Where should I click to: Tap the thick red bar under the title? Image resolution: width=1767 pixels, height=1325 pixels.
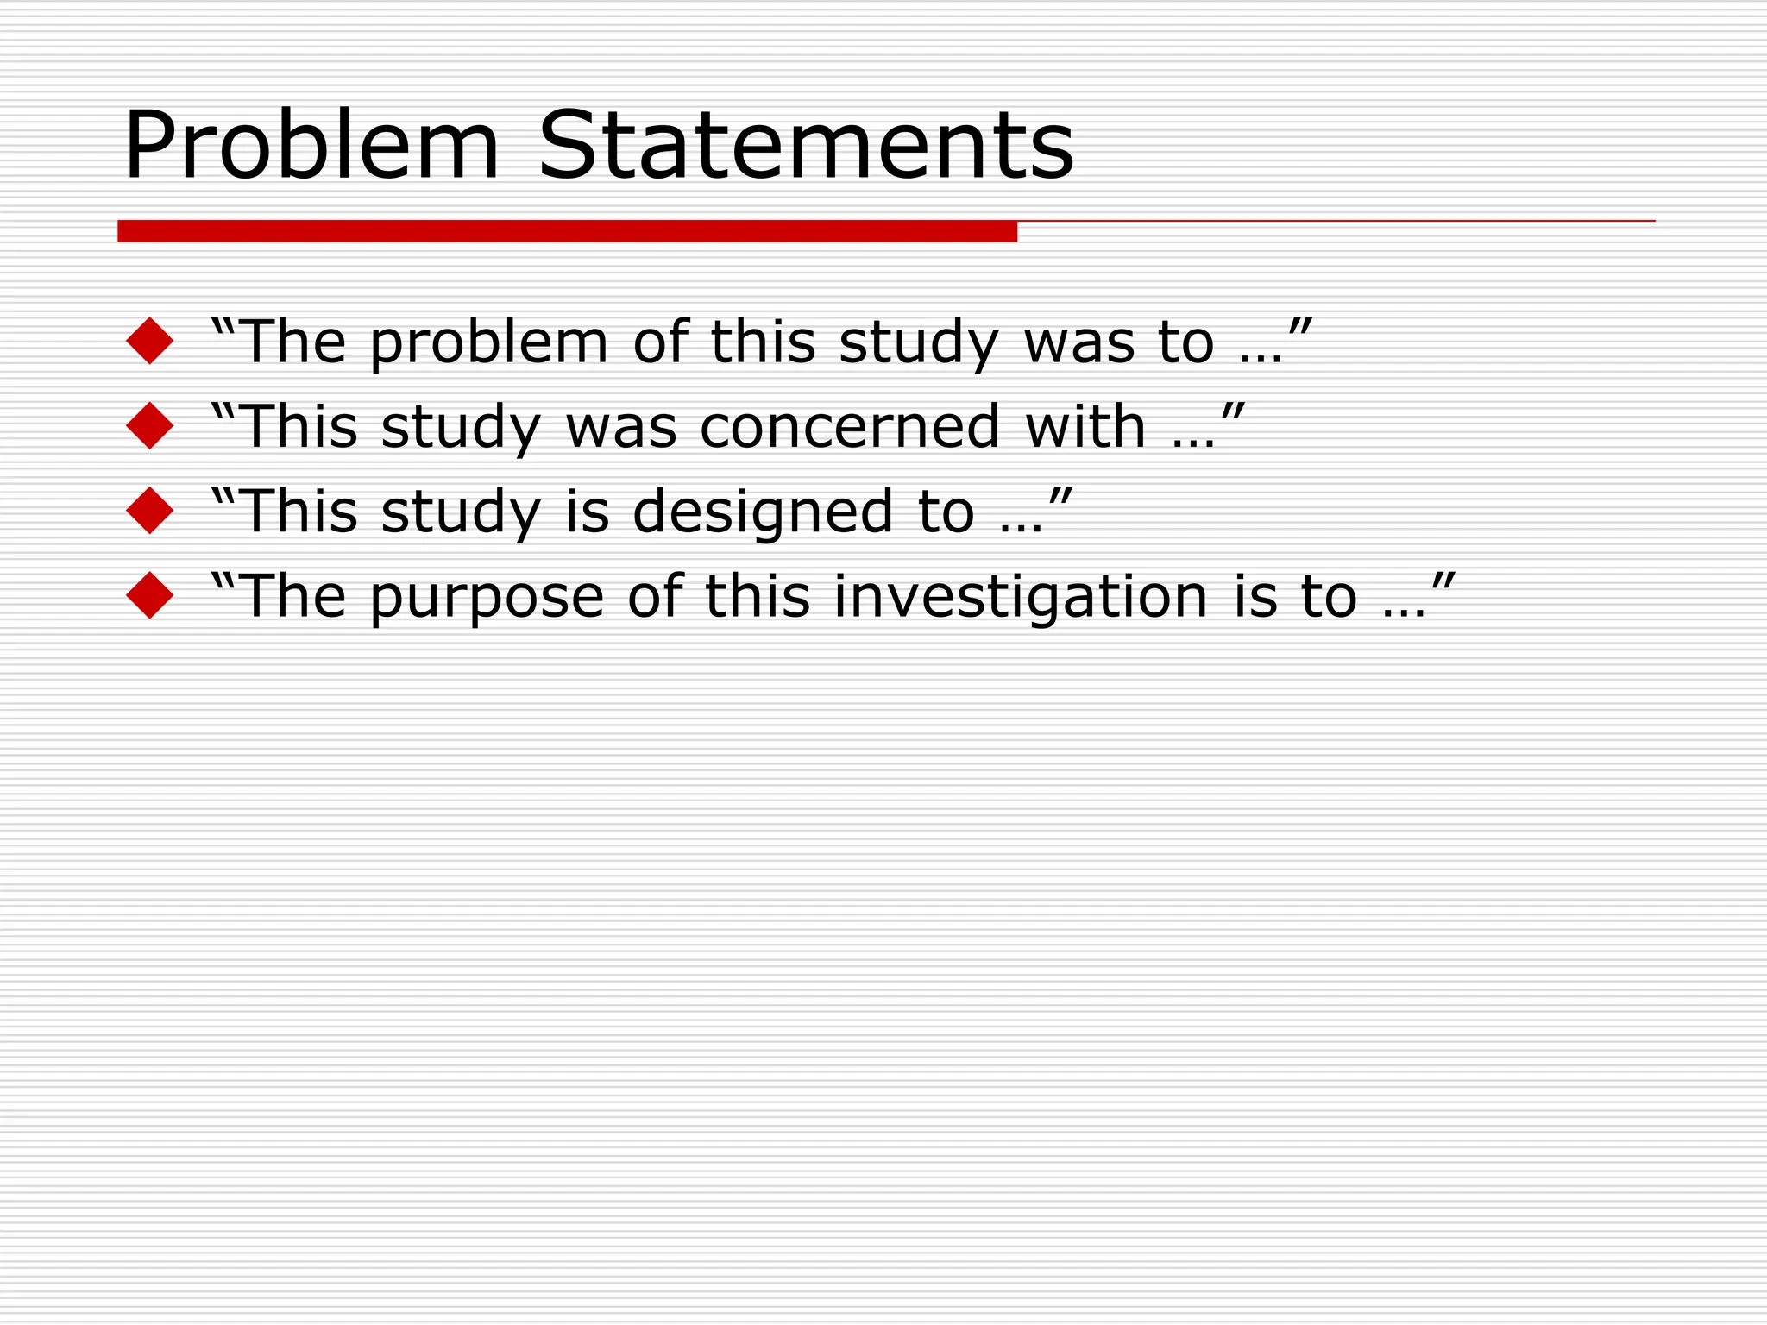tap(567, 231)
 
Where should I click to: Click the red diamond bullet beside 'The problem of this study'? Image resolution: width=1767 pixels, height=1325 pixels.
tap(150, 341)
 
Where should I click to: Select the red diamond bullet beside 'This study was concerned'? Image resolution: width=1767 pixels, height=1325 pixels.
tap(150, 425)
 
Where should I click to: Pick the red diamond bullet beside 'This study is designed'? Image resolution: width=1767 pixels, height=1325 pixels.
tap(150, 510)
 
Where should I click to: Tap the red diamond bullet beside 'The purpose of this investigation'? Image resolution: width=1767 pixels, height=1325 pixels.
tap(150, 595)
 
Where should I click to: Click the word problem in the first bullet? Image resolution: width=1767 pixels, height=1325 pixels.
tap(489, 343)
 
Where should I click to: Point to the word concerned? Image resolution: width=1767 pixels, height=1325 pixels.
tap(849, 427)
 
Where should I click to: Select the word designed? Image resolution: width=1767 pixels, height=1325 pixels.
tap(762, 512)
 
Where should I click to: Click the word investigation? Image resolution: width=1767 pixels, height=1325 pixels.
tap(1021, 598)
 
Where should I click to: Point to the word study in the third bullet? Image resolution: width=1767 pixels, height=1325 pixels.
tap(461, 512)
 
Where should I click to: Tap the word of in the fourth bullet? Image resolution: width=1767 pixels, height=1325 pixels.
tap(655, 596)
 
